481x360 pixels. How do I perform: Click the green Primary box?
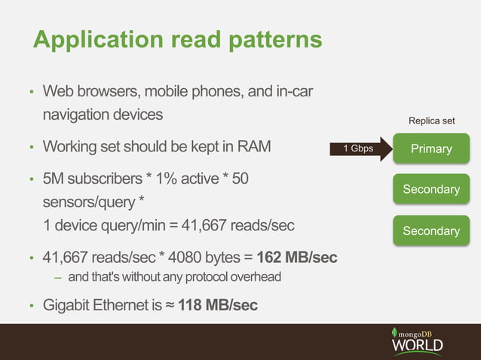(430, 148)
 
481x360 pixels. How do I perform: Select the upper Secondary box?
(430, 189)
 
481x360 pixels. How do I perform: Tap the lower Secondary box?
(430, 230)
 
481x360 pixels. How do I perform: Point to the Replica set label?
(431, 121)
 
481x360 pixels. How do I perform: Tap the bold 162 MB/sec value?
(297, 258)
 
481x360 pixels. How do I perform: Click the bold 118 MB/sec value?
(218, 305)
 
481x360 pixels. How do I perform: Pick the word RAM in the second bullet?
(253, 146)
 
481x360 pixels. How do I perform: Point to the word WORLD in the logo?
(416, 346)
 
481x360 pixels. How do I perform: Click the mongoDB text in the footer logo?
(420, 332)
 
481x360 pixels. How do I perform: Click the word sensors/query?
(89, 203)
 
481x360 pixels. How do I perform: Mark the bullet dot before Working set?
(31, 147)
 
